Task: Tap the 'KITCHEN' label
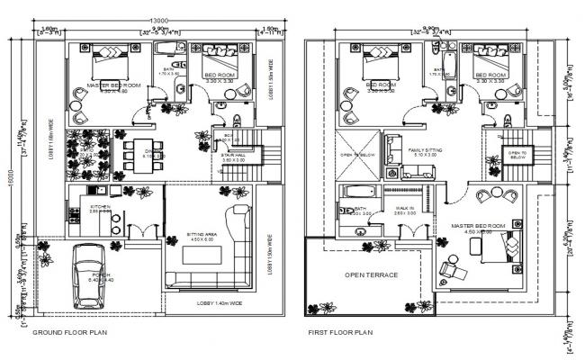pyautogui.click(x=99, y=207)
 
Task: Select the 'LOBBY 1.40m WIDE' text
pyautogui.click(x=219, y=303)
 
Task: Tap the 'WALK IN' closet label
pyautogui.click(x=403, y=209)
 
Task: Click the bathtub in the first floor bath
pyautogui.click(x=354, y=193)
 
